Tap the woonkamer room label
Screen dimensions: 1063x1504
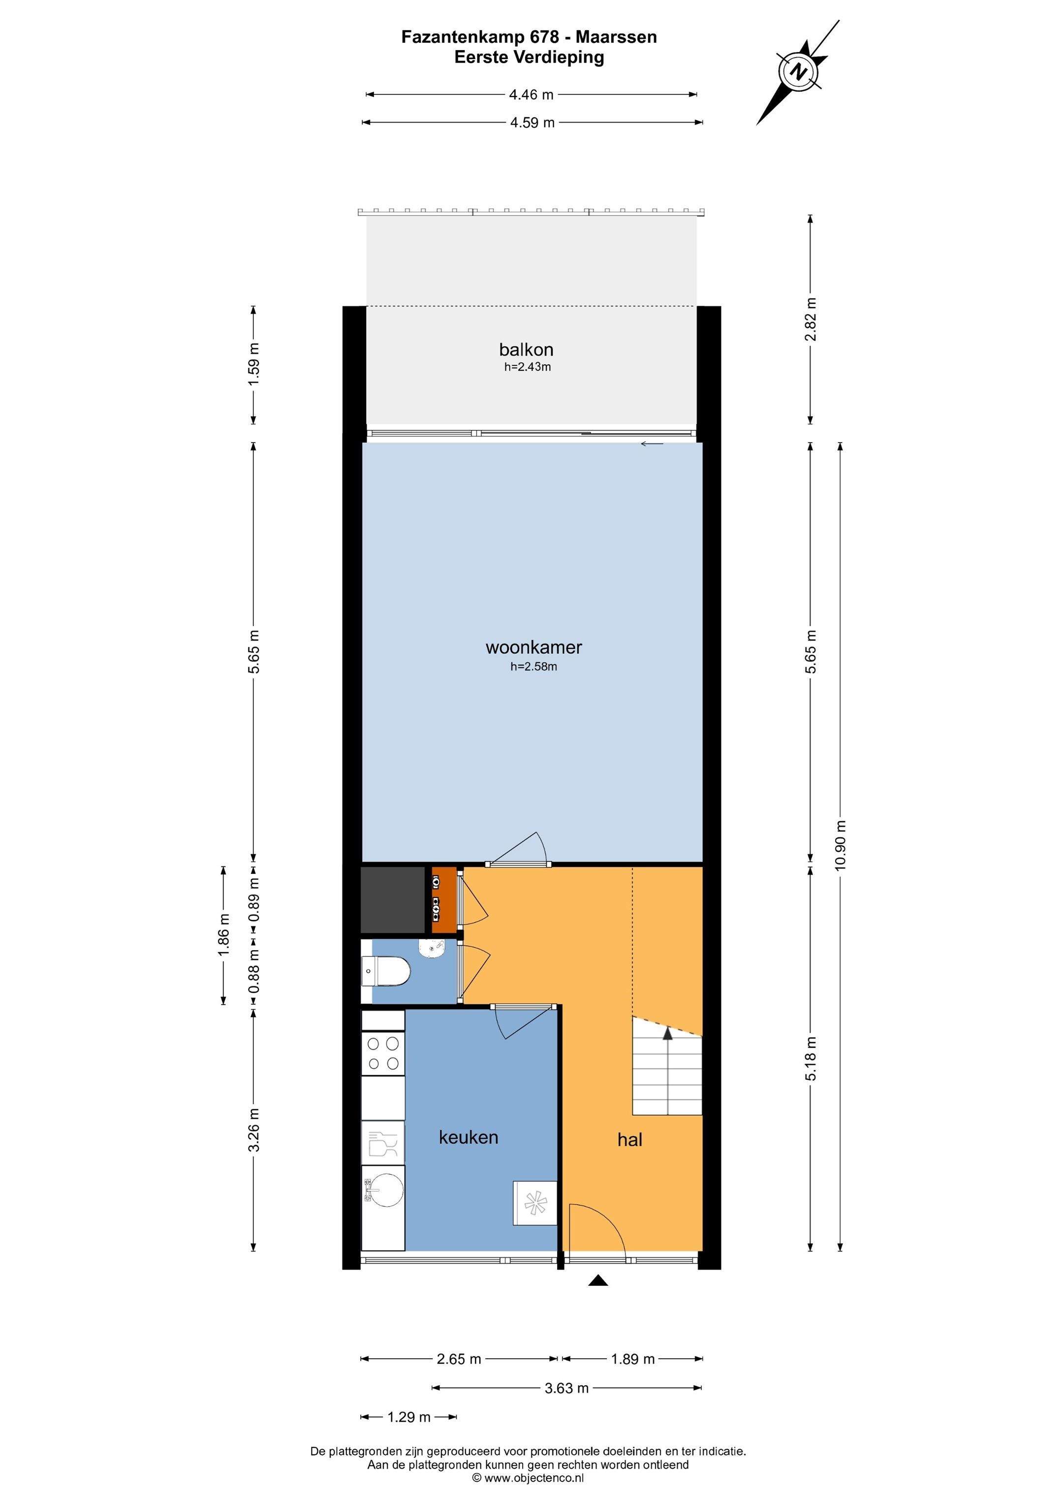point(534,648)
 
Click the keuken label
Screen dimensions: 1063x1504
point(469,1137)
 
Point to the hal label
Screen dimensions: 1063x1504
point(629,1140)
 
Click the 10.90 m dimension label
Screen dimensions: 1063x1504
point(841,845)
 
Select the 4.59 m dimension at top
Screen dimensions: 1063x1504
point(532,123)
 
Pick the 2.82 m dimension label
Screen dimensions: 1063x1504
point(811,319)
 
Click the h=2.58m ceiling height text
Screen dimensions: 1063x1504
point(534,668)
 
